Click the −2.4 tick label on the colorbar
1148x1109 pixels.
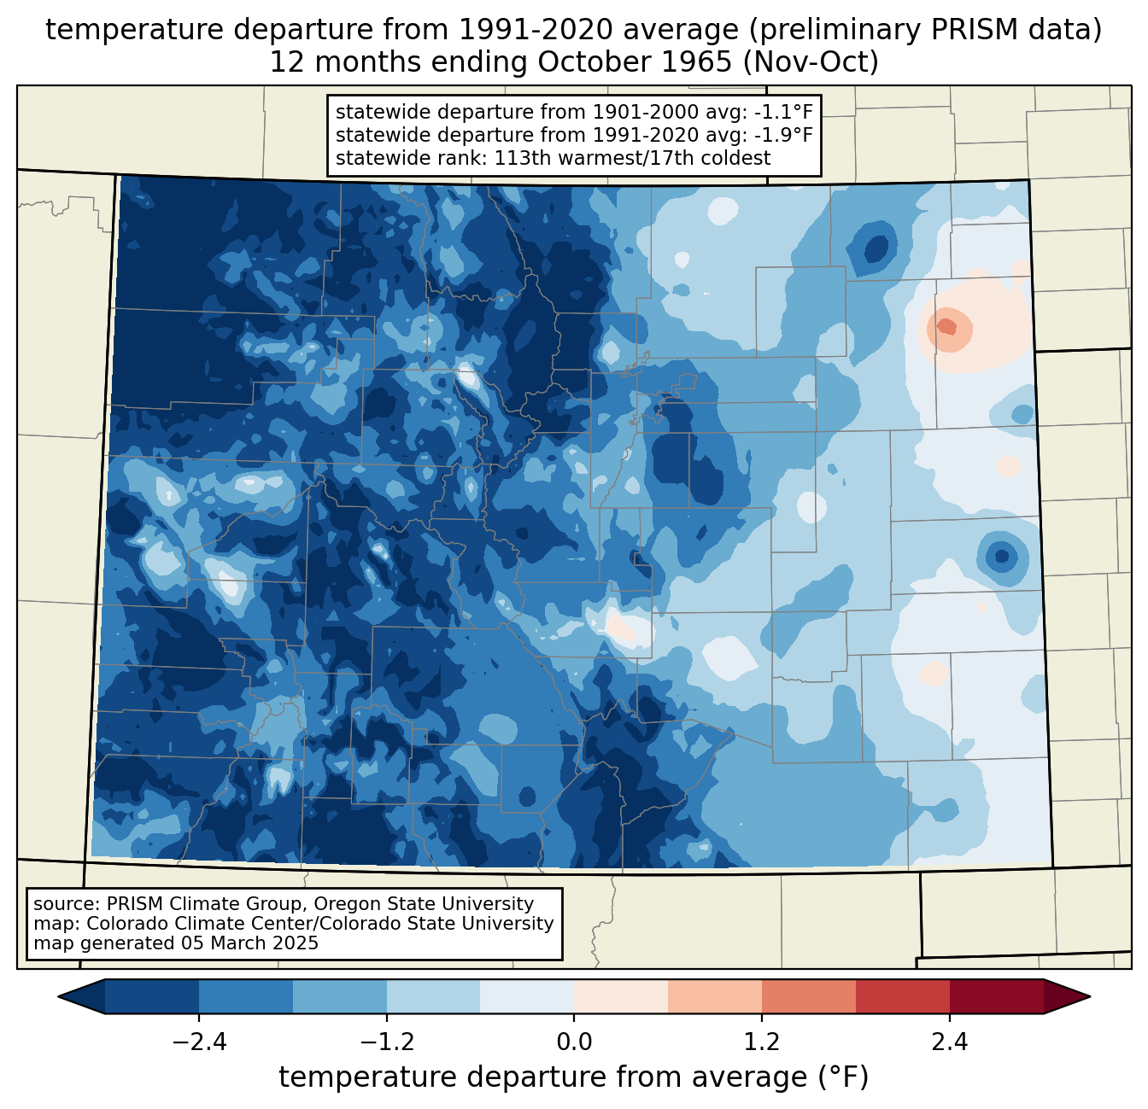(199, 1043)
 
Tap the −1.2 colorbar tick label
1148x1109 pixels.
(387, 1043)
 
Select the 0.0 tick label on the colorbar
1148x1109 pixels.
(574, 1043)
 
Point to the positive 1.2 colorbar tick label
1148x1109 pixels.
(762, 1043)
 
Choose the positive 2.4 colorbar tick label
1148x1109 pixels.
(950, 1043)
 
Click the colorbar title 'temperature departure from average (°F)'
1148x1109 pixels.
(573, 1077)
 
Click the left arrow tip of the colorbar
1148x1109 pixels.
(59, 997)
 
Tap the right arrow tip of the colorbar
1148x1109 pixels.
(1090, 997)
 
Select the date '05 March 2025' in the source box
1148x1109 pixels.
(247, 943)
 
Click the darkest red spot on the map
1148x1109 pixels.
(946, 326)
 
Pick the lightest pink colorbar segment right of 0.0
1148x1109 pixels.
(621, 997)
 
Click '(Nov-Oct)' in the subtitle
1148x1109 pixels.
(811, 62)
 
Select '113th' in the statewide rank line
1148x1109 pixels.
(518, 158)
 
